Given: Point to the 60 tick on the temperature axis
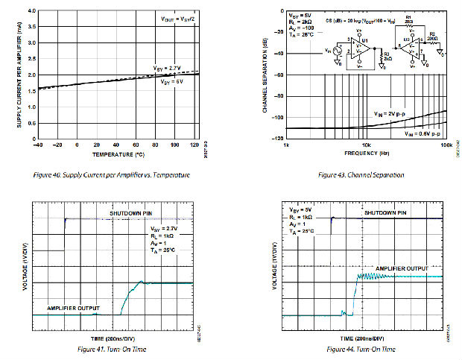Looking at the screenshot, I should click(x=135, y=145).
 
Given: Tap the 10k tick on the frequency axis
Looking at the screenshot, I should click(x=366, y=145).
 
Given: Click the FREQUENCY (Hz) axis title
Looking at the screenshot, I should click(x=367, y=153).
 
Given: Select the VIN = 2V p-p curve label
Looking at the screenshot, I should click(x=394, y=113).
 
